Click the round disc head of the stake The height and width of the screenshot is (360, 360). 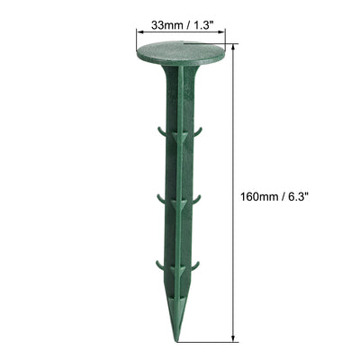[x=180, y=56]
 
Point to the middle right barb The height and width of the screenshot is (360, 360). [x=198, y=198]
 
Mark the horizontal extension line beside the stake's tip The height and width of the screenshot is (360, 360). [x=216, y=343]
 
